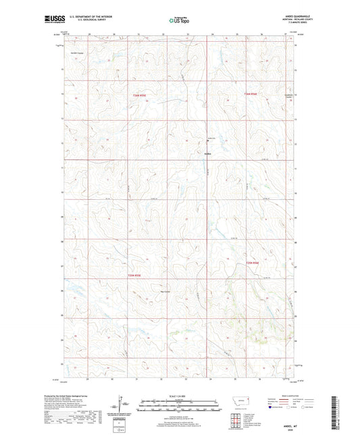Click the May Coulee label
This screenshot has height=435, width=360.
[165, 292]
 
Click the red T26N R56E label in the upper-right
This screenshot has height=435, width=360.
[251, 93]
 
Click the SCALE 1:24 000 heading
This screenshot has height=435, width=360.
[180, 395]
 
